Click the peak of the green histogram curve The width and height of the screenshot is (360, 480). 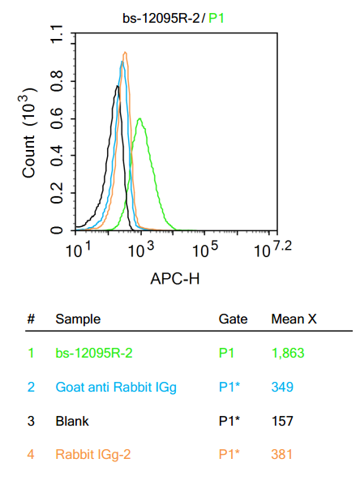(x=140, y=119)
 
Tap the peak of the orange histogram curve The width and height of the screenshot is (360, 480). (x=125, y=53)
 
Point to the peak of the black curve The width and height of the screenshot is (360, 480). (x=118, y=87)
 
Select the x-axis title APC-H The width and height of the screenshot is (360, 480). (x=174, y=279)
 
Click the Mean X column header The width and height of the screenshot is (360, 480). (x=294, y=319)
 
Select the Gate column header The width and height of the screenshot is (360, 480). (x=233, y=319)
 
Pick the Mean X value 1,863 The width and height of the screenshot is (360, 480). (x=288, y=354)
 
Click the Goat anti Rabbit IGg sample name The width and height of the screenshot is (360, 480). (x=116, y=388)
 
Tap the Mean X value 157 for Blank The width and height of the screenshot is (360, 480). (x=283, y=421)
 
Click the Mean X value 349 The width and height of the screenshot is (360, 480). (x=283, y=388)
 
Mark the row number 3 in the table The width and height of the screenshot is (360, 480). (x=31, y=421)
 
